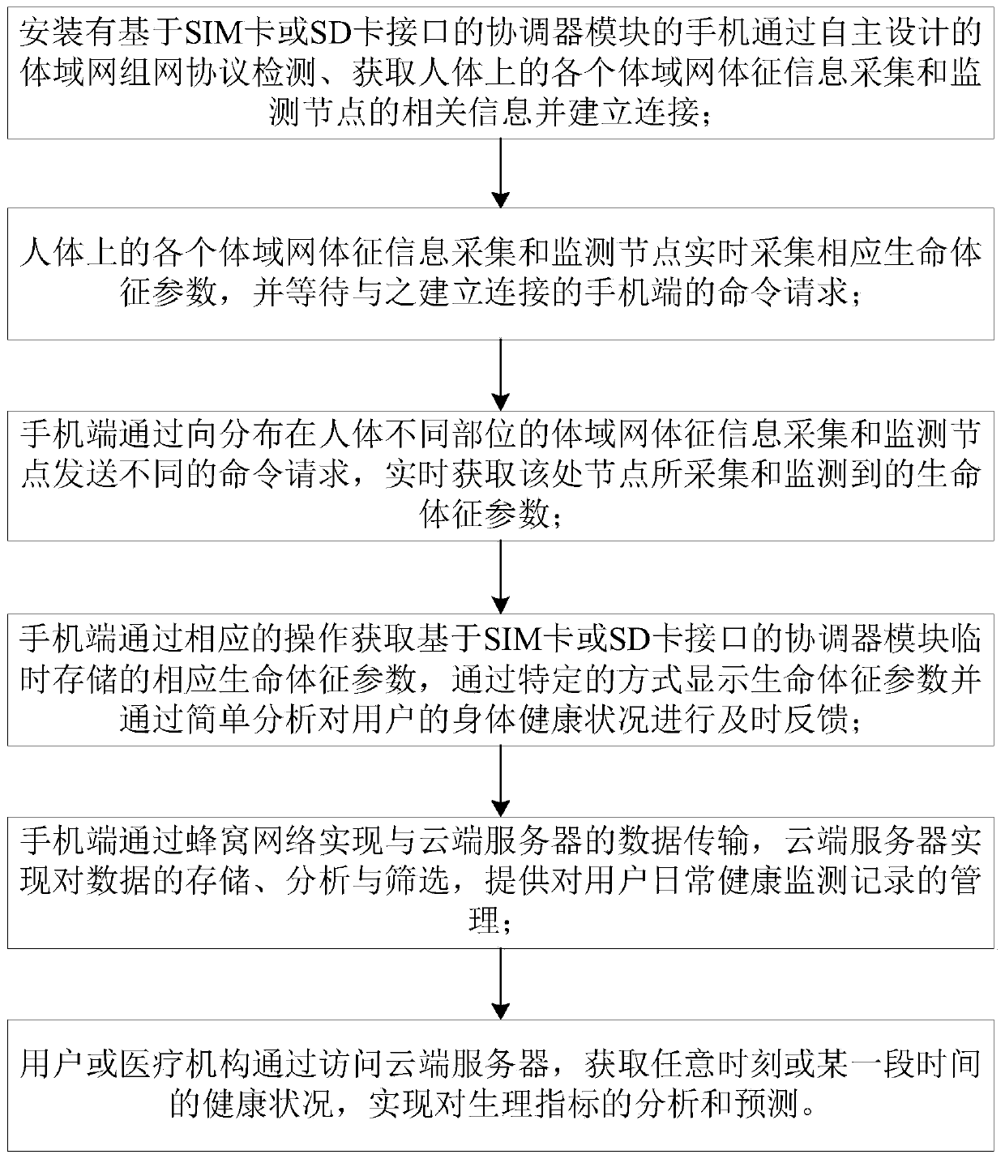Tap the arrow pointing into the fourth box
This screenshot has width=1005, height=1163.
click(x=502, y=578)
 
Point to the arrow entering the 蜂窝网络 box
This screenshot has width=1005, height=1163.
click(x=502, y=781)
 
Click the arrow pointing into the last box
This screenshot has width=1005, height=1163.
click(x=502, y=984)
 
